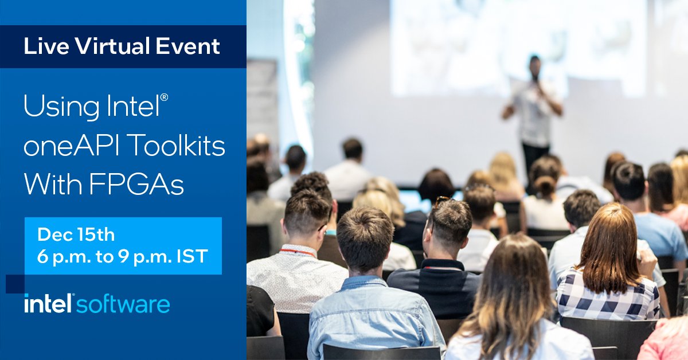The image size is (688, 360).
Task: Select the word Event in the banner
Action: tap(187, 46)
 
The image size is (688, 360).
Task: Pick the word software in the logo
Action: tap(123, 304)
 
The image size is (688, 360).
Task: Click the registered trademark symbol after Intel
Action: tap(164, 98)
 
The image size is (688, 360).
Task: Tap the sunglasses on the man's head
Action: tap(441, 200)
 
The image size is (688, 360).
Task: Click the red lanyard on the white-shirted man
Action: tap(298, 252)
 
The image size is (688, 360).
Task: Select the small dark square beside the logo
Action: tap(14, 284)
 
